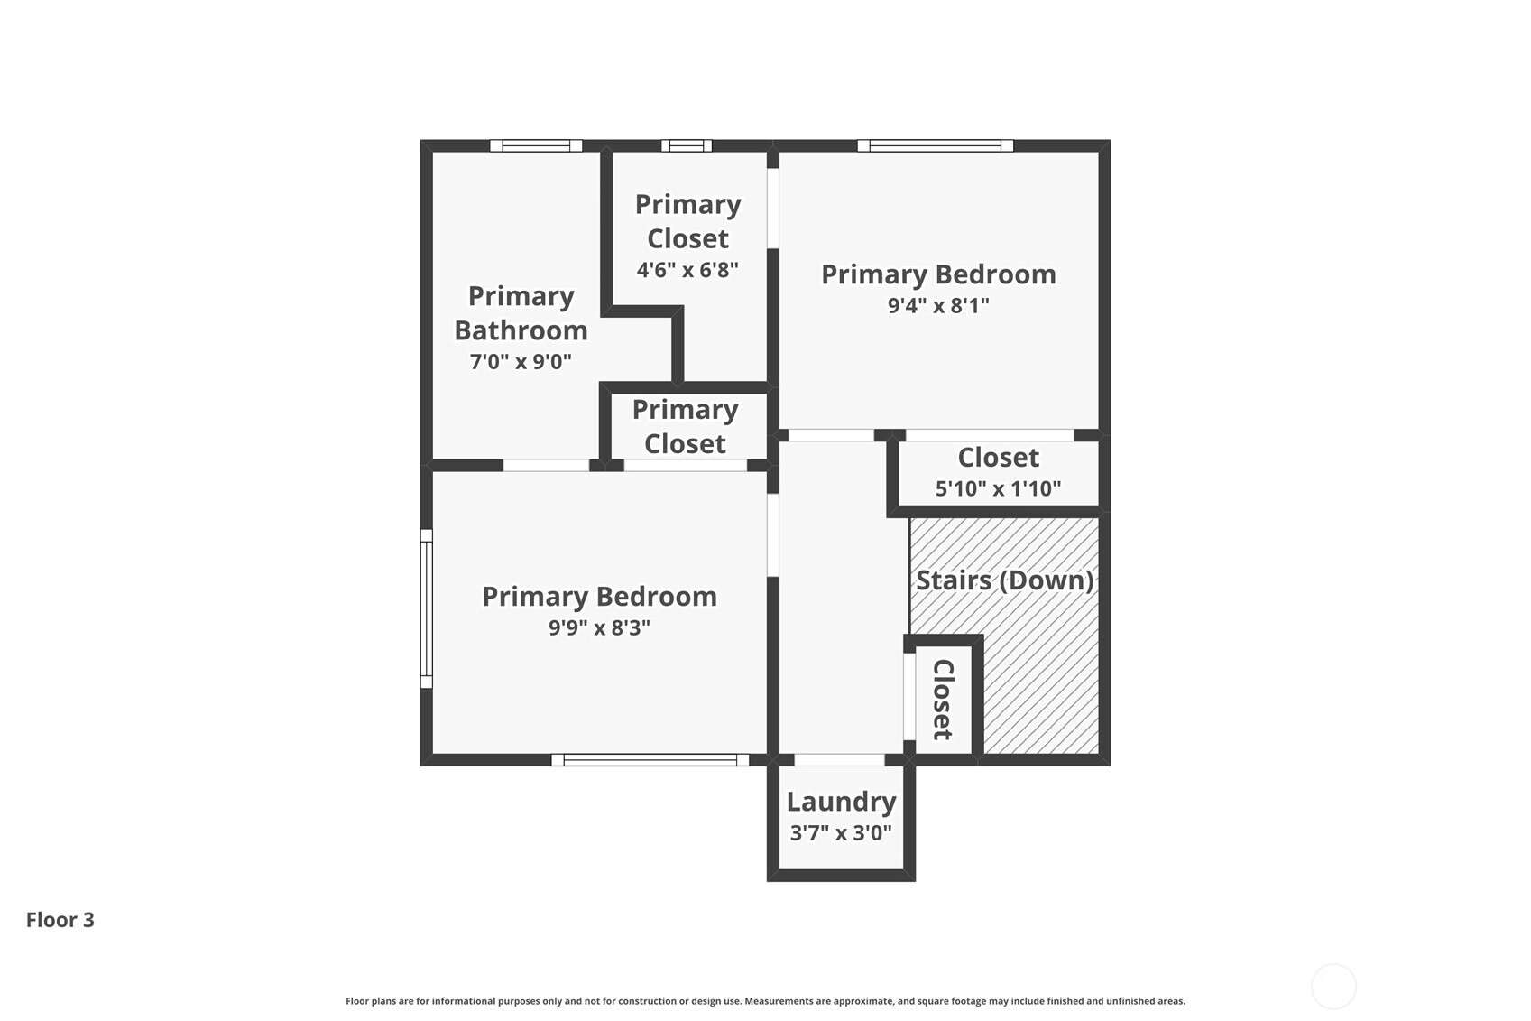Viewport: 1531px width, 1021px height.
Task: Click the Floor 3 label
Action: click(x=60, y=920)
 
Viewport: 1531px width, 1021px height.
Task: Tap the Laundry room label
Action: click(x=842, y=803)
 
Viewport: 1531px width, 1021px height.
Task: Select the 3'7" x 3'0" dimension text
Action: click(x=842, y=833)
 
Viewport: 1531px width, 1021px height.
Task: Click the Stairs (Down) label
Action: click(x=1005, y=580)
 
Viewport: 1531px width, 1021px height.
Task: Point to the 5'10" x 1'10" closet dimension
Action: click(x=998, y=488)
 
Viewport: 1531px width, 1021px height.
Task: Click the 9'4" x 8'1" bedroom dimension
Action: click(x=938, y=305)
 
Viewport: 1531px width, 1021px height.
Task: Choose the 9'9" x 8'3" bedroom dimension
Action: click(x=599, y=627)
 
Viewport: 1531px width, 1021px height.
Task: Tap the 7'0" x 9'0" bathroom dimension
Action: click(x=521, y=361)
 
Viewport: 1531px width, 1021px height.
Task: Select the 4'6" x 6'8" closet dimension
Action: click(x=687, y=269)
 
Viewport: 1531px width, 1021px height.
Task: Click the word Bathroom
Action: click(x=521, y=330)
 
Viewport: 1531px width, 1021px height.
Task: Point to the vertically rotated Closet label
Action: click(x=943, y=699)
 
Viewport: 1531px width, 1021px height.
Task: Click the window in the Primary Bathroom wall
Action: click(x=537, y=145)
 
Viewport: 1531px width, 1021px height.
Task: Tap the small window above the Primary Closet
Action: click(x=687, y=145)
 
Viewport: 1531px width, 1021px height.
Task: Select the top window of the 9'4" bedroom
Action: click(x=936, y=145)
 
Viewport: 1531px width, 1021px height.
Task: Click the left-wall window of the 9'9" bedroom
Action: click(x=427, y=608)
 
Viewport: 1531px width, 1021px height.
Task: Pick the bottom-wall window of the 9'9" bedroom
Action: click(x=650, y=760)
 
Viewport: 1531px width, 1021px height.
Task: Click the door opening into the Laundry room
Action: click(x=839, y=760)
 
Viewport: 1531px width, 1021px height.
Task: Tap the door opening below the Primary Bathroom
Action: click(x=546, y=465)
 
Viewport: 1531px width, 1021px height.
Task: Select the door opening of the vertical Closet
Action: click(x=909, y=697)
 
